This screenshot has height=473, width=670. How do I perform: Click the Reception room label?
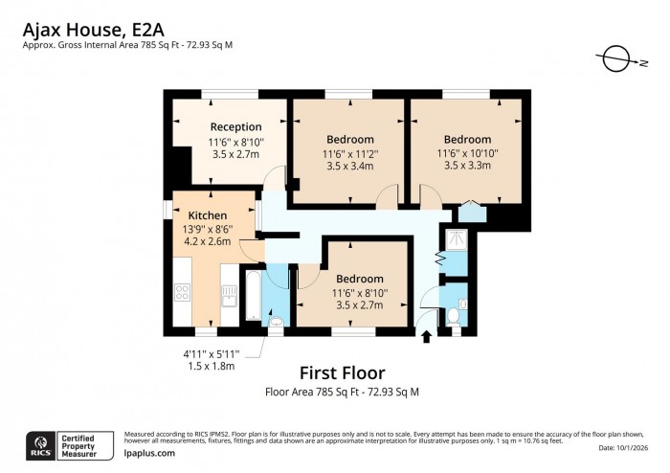(x=236, y=126)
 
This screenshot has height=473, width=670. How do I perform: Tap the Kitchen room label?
(x=207, y=215)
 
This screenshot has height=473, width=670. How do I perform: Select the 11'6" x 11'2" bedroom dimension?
(x=350, y=153)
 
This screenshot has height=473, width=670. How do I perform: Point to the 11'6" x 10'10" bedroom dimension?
(x=468, y=153)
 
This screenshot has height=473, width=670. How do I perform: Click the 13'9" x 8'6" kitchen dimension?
(x=210, y=229)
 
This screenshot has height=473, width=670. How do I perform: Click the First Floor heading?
(x=342, y=372)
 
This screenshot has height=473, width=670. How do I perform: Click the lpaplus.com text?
(x=149, y=453)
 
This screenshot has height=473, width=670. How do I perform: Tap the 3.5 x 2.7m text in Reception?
(x=236, y=153)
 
